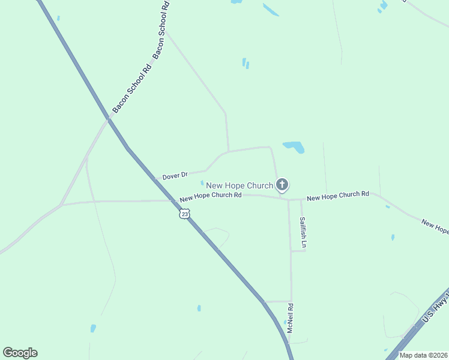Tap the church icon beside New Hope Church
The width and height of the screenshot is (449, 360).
click(282, 185)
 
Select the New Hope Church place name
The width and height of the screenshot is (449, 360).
click(240, 185)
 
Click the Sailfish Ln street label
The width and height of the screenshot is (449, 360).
click(304, 232)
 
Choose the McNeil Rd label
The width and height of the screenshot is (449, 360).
click(290, 319)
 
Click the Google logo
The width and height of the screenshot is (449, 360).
click(20, 353)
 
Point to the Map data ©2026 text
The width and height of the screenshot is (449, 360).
click(423, 355)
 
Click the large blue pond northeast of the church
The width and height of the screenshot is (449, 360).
click(294, 147)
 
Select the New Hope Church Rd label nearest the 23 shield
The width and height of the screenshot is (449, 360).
click(211, 196)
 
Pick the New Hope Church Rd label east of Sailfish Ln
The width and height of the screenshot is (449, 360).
click(337, 196)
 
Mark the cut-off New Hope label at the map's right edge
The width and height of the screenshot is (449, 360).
click(435, 227)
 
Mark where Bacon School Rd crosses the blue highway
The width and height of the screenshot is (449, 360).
click(109, 119)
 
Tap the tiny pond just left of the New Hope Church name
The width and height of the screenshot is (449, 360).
click(202, 183)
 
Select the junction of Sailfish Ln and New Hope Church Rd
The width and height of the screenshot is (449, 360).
click(301, 199)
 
